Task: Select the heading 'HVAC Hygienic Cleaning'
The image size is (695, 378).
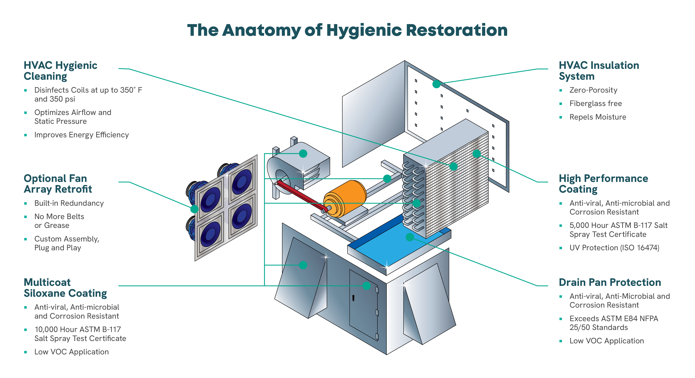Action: pos(60,71)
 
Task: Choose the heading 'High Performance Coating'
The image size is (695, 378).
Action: pos(603,184)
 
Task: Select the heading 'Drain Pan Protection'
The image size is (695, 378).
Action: pos(610,282)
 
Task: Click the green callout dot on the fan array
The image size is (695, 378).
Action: pos(194,209)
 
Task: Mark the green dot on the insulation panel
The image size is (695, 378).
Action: pos(436,84)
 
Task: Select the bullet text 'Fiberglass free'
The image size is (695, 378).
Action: pos(595,103)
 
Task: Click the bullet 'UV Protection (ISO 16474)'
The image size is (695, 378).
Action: pos(614,248)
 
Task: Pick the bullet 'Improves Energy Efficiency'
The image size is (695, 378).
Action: pos(82,135)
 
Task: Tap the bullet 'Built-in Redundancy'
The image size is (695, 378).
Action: pos(69,203)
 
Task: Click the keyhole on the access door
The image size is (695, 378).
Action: pos(353,298)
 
